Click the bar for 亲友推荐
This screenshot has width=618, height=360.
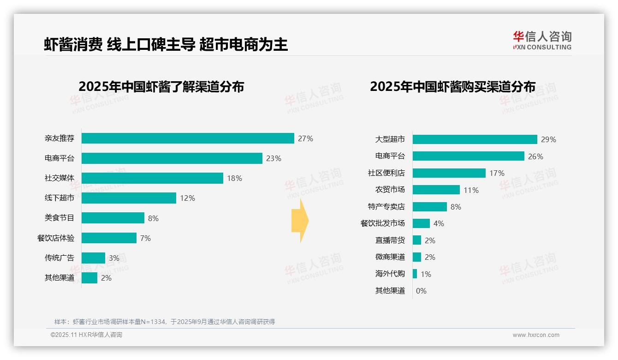[x=188, y=138]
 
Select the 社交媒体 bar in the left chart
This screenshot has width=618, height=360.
[x=152, y=178]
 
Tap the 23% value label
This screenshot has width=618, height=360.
[x=273, y=158]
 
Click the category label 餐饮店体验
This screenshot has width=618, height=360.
[x=56, y=238]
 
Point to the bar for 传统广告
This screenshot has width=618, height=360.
[x=93, y=258]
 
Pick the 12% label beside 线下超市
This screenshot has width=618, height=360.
[x=187, y=198]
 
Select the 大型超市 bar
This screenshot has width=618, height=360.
[x=475, y=139]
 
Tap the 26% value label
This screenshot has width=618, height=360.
[x=535, y=156]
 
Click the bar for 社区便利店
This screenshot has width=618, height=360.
[x=449, y=173]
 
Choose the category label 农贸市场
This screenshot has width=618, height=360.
[x=390, y=190]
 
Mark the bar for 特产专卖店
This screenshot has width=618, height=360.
[x=429, y=207]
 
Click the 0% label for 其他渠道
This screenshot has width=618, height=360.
[x=421, y=291]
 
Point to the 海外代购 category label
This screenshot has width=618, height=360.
[x=390, y=274]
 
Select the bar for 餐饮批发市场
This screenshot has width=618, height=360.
[x=421, y=223]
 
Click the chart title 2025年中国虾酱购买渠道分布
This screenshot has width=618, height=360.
[x=452, y=87]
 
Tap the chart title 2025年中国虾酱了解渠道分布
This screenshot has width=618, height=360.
[x=161, y=87]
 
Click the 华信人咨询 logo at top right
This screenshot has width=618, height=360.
[x=542, y=40]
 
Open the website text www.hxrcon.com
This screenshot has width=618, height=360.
[x=535, y=335]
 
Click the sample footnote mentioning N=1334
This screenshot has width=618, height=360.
[x=165, y=322]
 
